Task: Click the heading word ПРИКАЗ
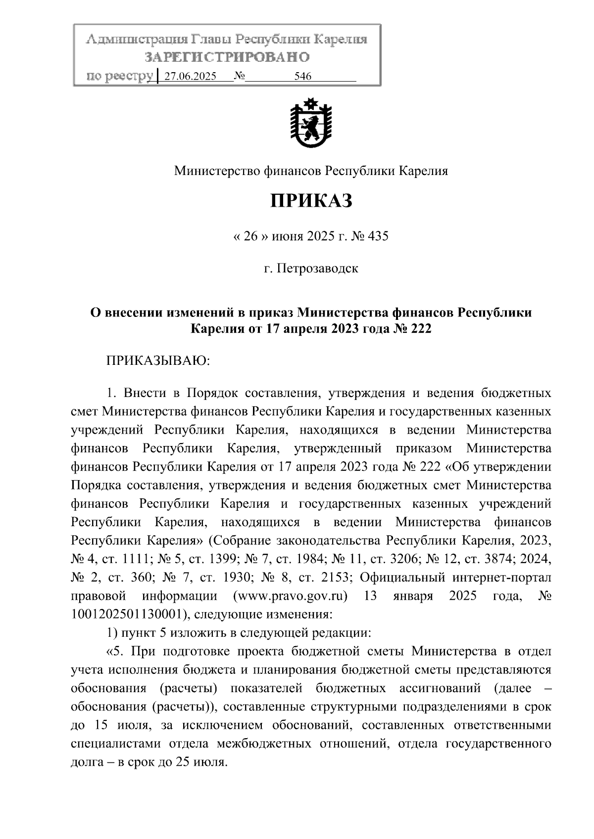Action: point(310,201)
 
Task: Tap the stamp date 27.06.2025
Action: point(190,77)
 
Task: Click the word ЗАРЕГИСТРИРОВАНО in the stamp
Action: point(227,57)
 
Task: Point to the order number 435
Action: point(377,236)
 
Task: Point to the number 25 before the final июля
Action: point(181,762)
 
